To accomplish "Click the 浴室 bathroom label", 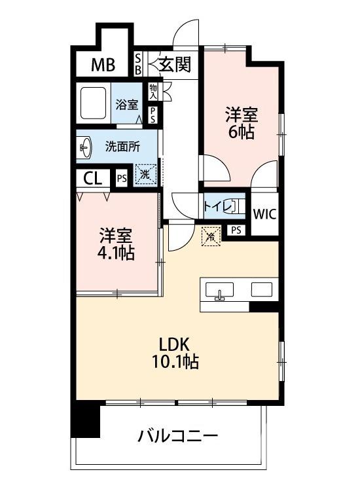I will coord(126,104).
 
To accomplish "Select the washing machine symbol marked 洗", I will coord(145,175).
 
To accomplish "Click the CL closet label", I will coord(93,178).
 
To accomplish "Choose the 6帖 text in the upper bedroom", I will coord(241,131).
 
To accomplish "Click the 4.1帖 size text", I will coord(117,252).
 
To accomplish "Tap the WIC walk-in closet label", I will coord(264,213).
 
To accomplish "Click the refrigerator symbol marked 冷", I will coord(211,235).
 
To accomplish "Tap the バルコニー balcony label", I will coord(177,435).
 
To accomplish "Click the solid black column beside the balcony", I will coord(86,422).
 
